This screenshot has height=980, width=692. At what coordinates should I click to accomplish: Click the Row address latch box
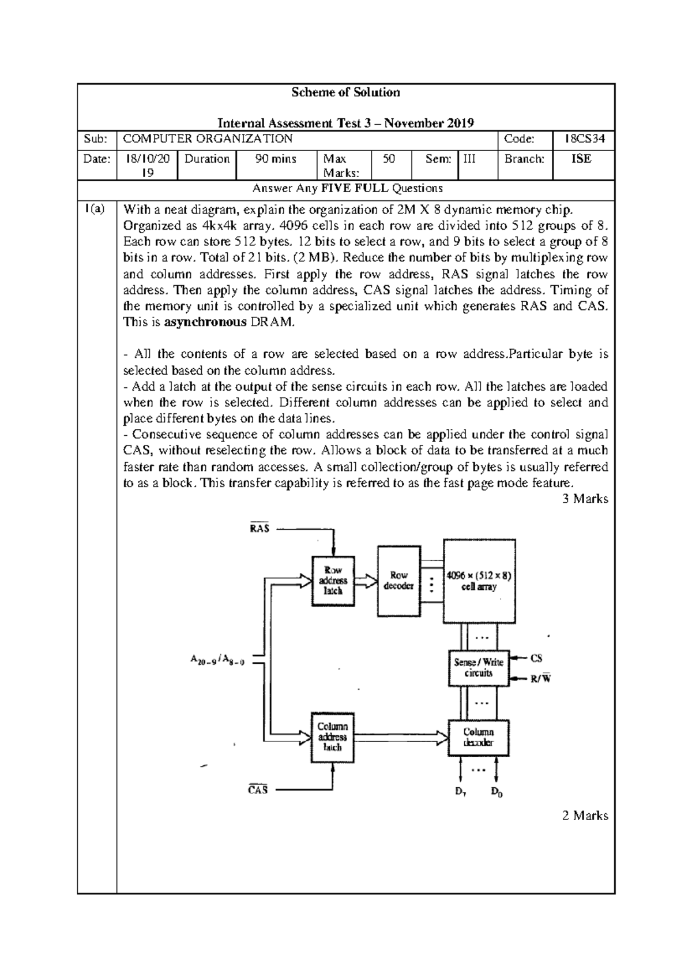[333, 581]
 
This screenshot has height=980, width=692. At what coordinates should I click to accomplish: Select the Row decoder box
[398, 581]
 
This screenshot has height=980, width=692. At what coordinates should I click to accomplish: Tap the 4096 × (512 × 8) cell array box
[479, 581]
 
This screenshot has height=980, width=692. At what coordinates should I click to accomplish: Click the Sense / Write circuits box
[478, 668]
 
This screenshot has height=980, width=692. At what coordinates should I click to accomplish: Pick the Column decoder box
[479, 738]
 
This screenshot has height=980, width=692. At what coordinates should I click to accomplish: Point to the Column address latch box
[333, 737]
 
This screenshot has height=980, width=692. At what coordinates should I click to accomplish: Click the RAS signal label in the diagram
[259, 528]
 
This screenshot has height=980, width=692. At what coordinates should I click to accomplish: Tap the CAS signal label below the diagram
[258, 790]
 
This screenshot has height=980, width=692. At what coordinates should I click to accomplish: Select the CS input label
[536, 658]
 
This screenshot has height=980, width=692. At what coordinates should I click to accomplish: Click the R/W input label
[540, 679]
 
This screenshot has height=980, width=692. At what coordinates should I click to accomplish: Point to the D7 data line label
[460, 792]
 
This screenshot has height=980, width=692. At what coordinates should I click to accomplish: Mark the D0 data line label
[497, 792]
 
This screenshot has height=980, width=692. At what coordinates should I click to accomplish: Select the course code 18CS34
[582, 139]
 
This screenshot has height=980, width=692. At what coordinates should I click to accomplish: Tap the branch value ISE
[581, 159]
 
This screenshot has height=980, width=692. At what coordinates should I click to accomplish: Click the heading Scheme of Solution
[345, 92]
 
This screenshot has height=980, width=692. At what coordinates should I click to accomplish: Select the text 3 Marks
[585, 499]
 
